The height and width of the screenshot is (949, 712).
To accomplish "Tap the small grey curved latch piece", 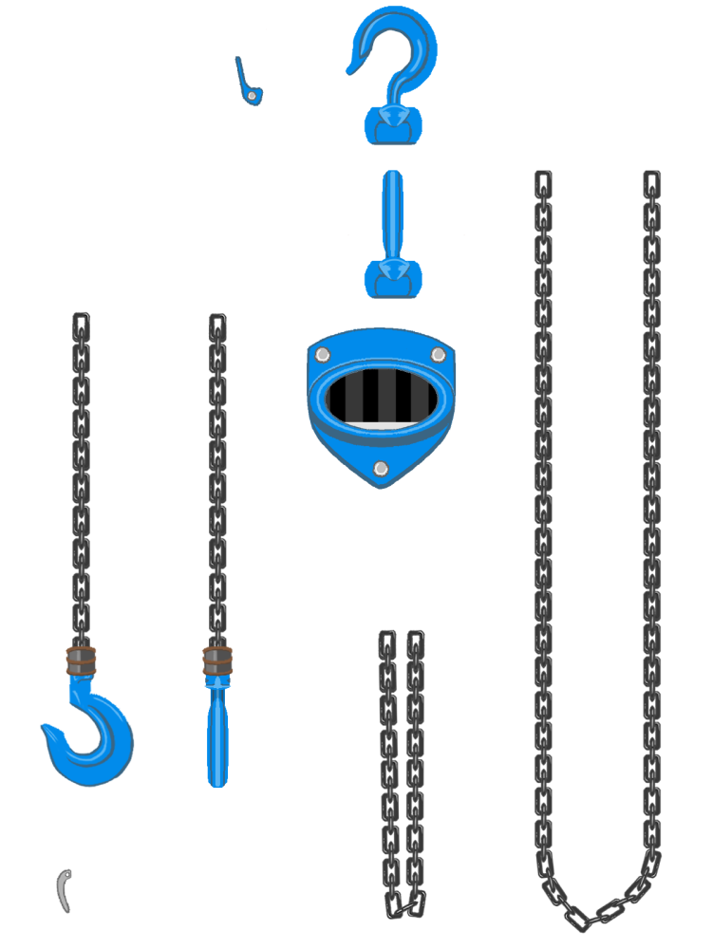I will click(x=65, y=890).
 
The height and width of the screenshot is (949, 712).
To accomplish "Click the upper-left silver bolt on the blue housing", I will click(x=322, y=355).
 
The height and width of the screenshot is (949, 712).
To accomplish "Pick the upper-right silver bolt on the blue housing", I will click(x=438, y=355).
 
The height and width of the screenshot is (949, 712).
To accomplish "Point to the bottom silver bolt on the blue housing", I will click(x=381, y=467).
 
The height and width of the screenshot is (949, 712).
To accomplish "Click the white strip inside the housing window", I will click(x=380, y=424).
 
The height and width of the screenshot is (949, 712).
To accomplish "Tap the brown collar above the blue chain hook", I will click(x=82, y=661).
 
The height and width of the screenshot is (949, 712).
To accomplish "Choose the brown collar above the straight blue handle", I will click(x=217, y=661).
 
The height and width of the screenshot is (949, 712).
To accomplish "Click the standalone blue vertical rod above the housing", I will click(x=392, y=214).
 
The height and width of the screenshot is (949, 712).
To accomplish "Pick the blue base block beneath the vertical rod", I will click(x=391, y=277).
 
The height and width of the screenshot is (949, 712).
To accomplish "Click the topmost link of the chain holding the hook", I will click(x=82, y=324).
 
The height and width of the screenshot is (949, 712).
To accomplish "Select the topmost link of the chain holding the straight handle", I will click(x=217, y=324).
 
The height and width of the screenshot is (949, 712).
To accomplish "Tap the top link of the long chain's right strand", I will click(x=651, y=180).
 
